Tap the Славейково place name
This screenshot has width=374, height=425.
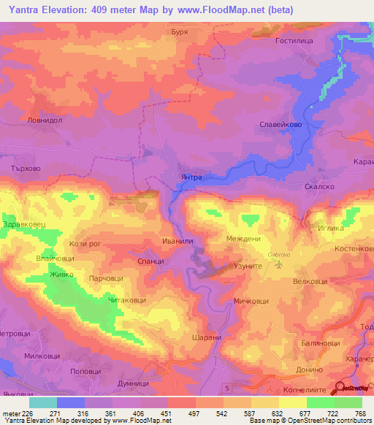click(282, 125)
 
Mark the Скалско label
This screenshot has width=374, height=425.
click(318, 187)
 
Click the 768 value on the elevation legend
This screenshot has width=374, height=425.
click(360, 413)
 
